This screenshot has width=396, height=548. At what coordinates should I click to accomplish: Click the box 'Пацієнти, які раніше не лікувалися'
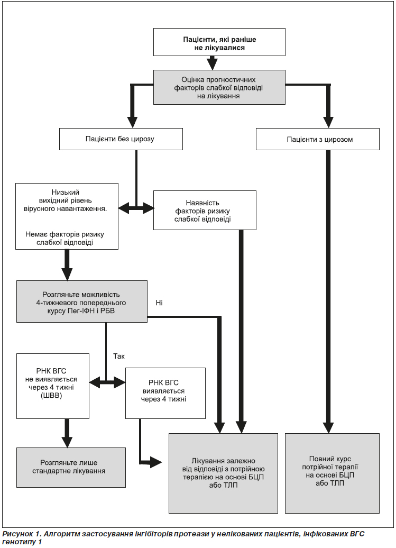(x=219, y=42)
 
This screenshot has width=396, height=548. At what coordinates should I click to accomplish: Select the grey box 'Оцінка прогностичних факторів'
(x=219, y=87)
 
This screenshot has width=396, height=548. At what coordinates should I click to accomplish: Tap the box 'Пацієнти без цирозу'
(x=121, y=139)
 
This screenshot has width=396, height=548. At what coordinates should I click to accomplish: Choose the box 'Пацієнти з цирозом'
(x=317, y=139)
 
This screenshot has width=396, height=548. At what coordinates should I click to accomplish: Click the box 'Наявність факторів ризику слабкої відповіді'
(x=205, y=210)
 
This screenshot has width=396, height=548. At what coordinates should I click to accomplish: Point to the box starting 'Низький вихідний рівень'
(x=67, y=216)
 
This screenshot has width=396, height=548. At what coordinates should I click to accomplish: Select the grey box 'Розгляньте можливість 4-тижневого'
(x=82, y=302)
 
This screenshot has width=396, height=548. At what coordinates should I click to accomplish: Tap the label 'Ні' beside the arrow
(x=159, y=303)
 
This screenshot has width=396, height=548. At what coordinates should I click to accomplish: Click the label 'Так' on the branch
(x=119, y=356)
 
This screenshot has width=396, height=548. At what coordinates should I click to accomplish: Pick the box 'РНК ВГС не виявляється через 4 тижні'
(x=53, y=386)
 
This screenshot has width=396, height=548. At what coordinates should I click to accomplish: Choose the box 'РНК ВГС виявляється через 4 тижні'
(x=165, y=393)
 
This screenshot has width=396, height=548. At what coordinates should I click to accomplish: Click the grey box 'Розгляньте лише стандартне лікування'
(x=71, y=467)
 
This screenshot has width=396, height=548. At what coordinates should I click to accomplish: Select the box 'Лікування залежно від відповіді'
(x=223, y=473)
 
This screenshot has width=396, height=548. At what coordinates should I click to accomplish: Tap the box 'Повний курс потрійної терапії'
(x=332, y=473)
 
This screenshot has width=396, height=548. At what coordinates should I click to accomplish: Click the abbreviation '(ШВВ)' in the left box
(x=51, y=396)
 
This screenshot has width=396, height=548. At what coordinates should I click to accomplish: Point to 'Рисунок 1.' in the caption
(x=18, y=534)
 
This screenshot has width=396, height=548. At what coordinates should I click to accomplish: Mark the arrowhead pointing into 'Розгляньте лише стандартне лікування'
(x=67, y=442)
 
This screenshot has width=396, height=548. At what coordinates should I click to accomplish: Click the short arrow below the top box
(x=212, y=63)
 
